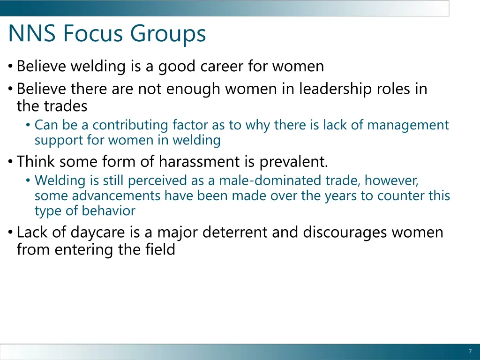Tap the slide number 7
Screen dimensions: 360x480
point(470,352)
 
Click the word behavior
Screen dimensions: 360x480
point(108,211)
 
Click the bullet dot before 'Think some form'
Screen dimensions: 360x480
point(10,162)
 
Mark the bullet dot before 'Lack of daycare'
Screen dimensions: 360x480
point(10,232)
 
